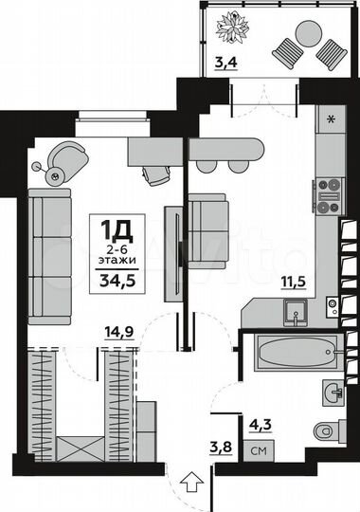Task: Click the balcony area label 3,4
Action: coord(226,64)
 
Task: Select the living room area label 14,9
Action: coord(118,331)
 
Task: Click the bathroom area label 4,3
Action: coord(259,425)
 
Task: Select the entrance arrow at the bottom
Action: coord(189,485)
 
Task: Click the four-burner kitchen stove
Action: coord(330,193)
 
